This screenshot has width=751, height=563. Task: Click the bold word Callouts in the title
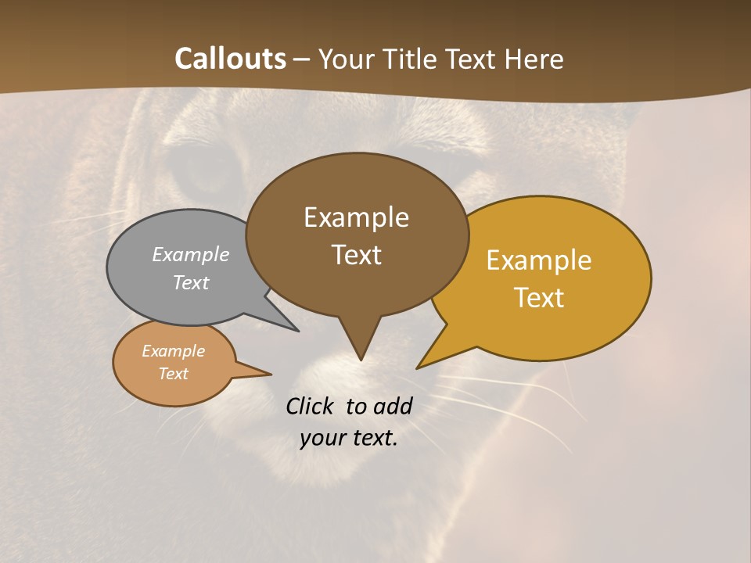[230, 59]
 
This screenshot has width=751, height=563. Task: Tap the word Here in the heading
[534, 59]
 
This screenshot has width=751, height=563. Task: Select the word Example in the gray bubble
[190, 254]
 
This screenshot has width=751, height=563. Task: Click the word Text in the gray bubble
[190, 282]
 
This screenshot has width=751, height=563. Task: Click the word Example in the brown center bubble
[356, 217]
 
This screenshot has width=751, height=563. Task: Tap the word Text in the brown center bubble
[356, 255]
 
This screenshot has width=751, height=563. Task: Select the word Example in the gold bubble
[539, 260]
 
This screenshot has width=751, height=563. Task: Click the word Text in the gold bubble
[539, 298]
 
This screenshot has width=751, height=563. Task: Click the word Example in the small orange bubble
[173, 351]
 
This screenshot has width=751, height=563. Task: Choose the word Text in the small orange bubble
[173, 374]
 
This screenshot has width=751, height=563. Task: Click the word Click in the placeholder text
[311, 406]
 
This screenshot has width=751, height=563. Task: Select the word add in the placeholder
[393, 406]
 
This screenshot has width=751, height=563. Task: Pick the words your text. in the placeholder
[349, 438]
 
